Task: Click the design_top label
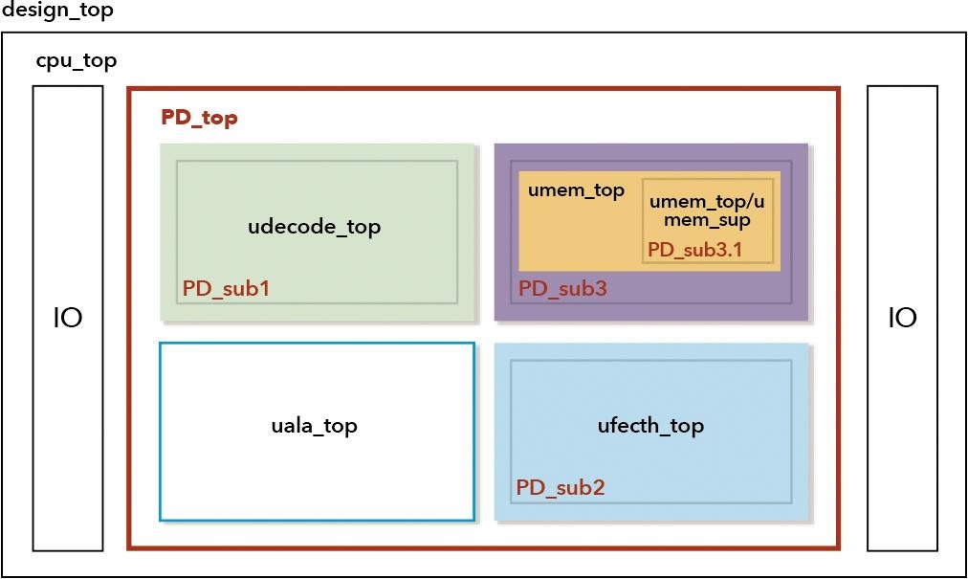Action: [x=57, y=11]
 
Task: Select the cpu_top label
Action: [x=77, y=61]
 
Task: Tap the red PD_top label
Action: [x=199, y=118]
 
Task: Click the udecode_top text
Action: [x=314, y=227]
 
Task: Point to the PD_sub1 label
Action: [x=226, y=288]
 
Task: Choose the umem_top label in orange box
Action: [x=576, y=190]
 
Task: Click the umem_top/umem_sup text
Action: [x=707, y=211]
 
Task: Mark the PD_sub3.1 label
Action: [x=695, y=250]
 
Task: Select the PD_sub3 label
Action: [x=562, y=288]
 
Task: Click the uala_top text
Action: [x=314, y=426]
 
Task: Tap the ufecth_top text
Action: [x=650, y=426]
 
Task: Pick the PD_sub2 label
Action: [x=561, y=488]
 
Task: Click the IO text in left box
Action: [x=68, y=319]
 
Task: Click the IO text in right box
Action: [x=902, y=319]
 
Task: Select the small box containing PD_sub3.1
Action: [x=707, y=221]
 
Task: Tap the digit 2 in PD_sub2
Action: [x=598, y=488]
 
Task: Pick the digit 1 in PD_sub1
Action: [x=263, y=288]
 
